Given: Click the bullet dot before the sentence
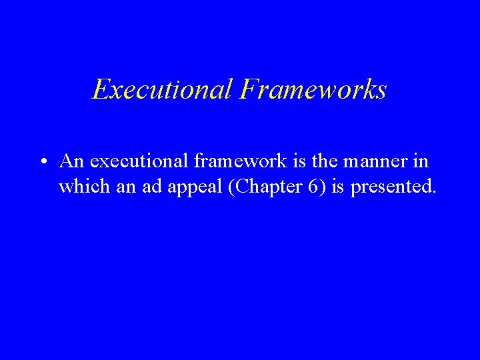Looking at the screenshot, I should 42,162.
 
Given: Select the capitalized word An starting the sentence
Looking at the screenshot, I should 71,161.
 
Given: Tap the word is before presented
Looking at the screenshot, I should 338,187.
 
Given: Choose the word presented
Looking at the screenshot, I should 391,187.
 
